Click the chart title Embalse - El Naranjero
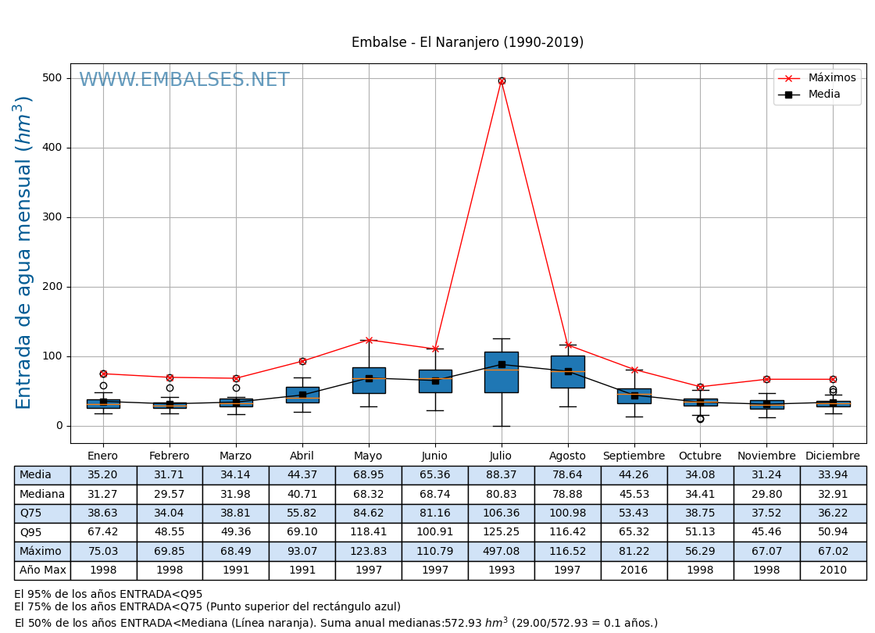[x=467, y=43]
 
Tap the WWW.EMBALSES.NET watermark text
[x=184, y=80]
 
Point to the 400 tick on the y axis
[x=52, y=148]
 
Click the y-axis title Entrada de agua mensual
[x=24, y=252]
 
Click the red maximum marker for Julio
[x=502, y=80]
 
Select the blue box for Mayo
[x=369, y=380]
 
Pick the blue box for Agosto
[x=568, y=371]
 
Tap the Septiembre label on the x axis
[x=634, y=456]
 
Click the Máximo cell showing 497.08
[x=501, y=552]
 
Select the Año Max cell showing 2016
[x=634, y=570]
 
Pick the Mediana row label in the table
[x=42, y=495]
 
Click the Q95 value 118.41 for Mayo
[x=368, y=532]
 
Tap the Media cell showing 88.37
[x=501, y=475]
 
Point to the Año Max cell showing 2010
[x=833, y=570]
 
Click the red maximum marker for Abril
[x=302, y=361]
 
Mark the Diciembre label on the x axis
[x=833, y=456]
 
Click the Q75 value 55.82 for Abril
[x=302, y=513]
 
